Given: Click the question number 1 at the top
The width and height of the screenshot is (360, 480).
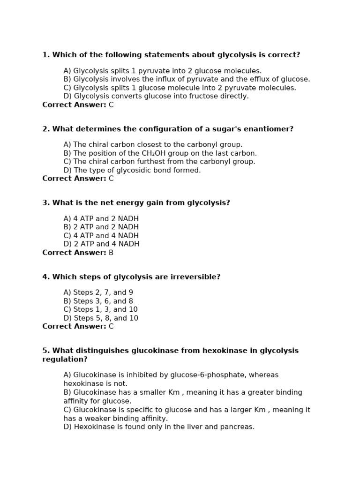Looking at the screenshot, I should (x=45, y=55).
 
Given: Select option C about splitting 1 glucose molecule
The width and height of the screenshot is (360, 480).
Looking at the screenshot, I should (x=180, y=88).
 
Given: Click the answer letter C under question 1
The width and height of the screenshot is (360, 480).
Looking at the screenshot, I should (x=111, y=105).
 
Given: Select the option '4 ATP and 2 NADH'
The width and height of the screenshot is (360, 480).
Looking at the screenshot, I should (x=101, y=219).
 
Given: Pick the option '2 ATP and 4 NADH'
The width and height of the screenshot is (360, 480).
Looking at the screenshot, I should (x=101, y=244).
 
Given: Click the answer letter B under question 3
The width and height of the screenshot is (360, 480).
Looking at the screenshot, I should (x=111, y=253).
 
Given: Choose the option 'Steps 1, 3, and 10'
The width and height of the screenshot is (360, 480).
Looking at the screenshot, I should (x=100, y=309).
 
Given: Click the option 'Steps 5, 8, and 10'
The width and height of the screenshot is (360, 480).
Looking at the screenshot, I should (x=101, y=318).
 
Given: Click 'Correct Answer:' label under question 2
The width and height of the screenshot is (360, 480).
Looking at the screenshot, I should (x=74, y=179).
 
